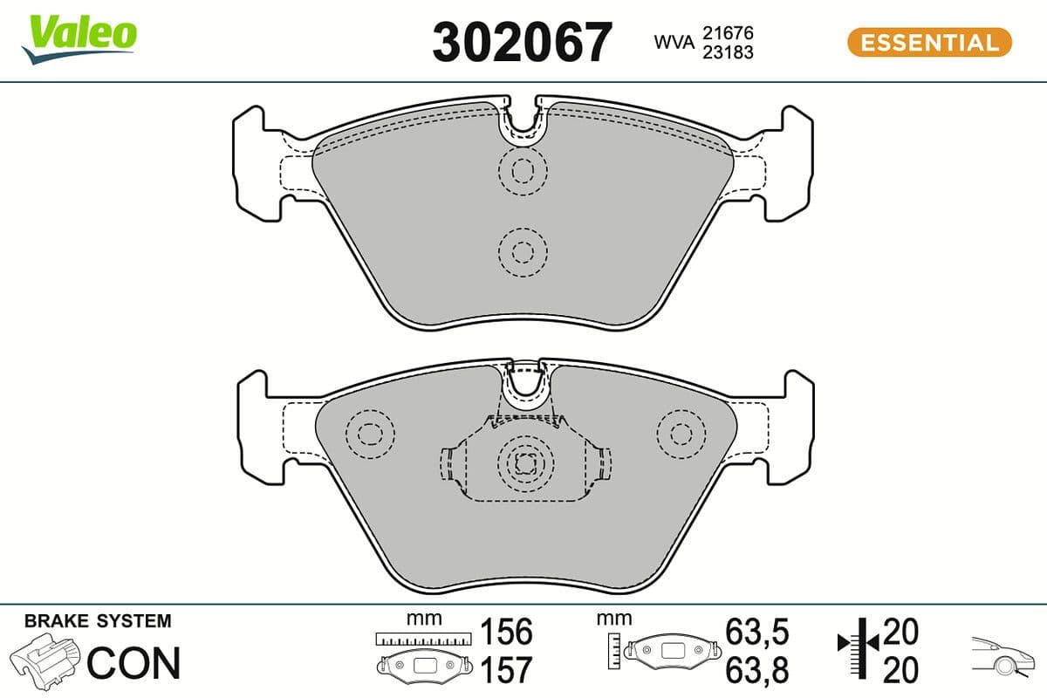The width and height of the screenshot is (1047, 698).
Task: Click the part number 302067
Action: point(523,42)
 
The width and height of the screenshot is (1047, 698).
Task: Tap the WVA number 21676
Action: point(729,32)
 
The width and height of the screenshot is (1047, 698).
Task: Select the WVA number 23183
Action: point(729,51)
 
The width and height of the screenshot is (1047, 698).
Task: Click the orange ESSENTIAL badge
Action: point(929,42)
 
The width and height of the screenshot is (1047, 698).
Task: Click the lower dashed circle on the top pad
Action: point(522,252)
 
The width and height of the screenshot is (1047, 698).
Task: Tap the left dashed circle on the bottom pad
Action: point(371,432)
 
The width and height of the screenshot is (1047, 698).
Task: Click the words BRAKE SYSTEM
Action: point(98,621)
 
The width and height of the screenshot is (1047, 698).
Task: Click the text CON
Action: point(133,663)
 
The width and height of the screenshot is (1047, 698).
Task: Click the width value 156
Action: point(506,631)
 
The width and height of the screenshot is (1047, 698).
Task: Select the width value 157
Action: point(506,670)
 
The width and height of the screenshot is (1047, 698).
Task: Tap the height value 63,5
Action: point(756,631)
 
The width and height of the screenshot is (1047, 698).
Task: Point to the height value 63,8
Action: point(756,670)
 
